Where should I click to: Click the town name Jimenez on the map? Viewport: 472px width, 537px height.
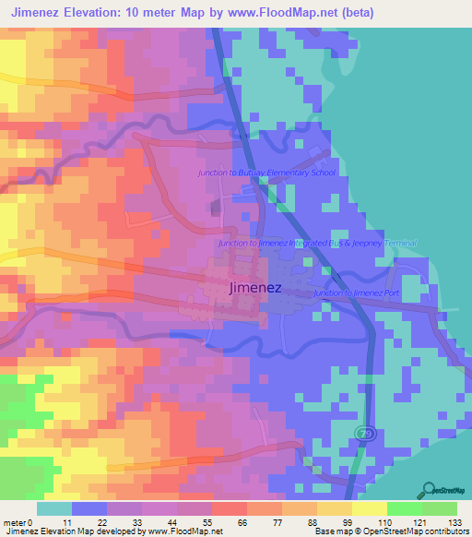[254, 288]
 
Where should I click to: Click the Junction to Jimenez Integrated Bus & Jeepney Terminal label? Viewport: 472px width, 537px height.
[317, 243]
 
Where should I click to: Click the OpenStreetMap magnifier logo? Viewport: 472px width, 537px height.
[431, 490]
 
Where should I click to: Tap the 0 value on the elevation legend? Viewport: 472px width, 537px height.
[29, 521]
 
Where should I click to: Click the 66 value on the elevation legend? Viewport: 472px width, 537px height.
[241, 521]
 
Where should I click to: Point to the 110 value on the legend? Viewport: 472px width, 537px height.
[381, 521]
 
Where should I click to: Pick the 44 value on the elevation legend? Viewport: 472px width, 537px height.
[171, 521]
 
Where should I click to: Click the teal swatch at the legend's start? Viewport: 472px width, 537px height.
[54, 508]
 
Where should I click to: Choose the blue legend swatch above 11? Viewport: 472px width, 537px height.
[89, 508]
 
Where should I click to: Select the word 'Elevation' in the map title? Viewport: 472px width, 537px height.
[100, 12]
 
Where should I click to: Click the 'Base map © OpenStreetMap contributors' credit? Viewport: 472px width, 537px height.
[392, 531]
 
